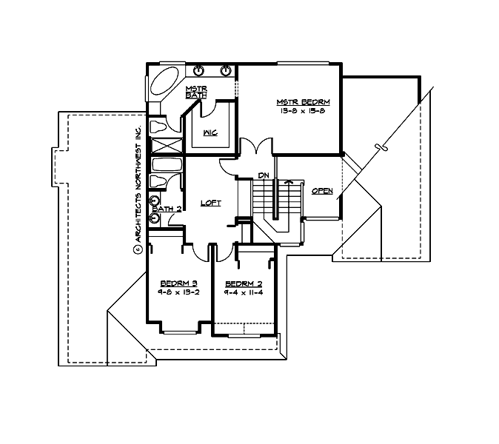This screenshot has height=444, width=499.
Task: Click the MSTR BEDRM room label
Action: (x=303, y=101)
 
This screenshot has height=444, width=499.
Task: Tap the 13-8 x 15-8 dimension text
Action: (x=302, y=110)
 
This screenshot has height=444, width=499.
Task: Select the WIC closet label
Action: (x=209, y=133)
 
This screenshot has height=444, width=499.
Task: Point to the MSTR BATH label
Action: (x=195, y=92)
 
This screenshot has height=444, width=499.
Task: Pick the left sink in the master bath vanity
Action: (x=198, y=71)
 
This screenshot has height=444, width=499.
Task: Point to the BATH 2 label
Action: (x=167, y=209)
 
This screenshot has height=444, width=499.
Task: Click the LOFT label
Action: (x=211, y=203)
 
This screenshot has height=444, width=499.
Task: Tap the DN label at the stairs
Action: (x=263, y=175)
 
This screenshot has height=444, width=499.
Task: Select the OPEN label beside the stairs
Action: (x=322, y=191)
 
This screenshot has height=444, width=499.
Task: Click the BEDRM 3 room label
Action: (x=178, y=283)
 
